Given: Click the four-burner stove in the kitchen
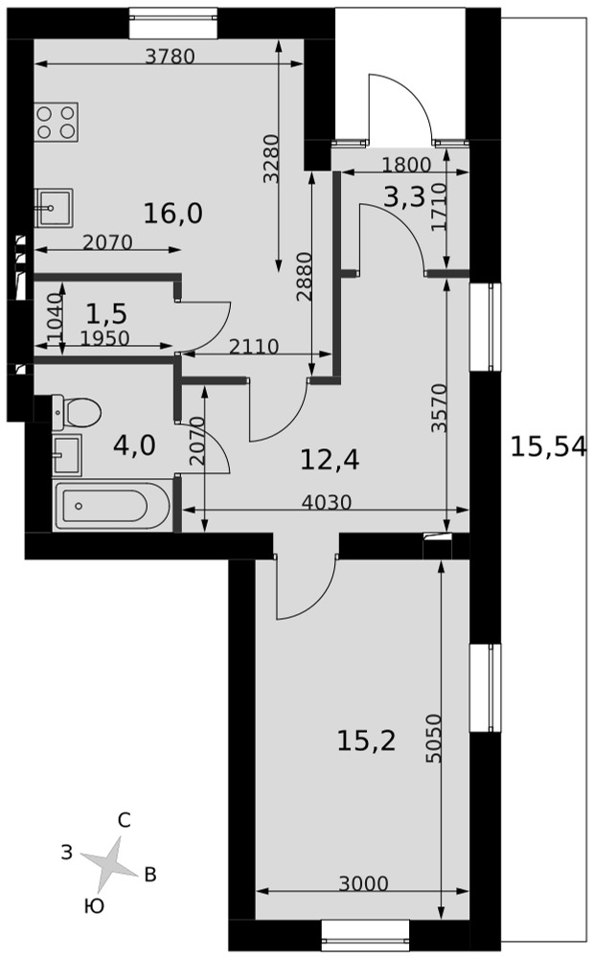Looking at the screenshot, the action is (57, 123).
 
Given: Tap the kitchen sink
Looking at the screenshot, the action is (54, 208).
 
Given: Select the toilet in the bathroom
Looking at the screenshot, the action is (76, 412).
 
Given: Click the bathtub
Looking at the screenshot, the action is (112, 506).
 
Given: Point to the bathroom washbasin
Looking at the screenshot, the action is (66, 454).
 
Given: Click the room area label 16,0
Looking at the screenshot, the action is (172, 214).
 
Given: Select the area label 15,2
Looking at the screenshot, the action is (366, 741).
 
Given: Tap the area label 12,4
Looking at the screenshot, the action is (330, 459).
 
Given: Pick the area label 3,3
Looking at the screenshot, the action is (404, 196).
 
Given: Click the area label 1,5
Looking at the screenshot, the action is (106, 313).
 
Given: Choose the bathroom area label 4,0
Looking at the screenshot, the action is (134, 445).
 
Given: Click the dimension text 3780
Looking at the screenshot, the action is (171, 57).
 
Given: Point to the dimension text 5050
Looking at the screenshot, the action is (433, 738).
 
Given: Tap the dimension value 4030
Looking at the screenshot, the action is (328, 502).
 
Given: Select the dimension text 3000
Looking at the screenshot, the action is (364, 883).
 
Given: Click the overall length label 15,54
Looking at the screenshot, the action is (548, 446).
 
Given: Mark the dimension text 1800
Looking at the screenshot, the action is (407, 165).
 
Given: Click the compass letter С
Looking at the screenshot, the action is (124, 821).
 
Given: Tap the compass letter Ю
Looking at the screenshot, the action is (94, 906).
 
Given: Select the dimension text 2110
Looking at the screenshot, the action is (254, 347).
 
